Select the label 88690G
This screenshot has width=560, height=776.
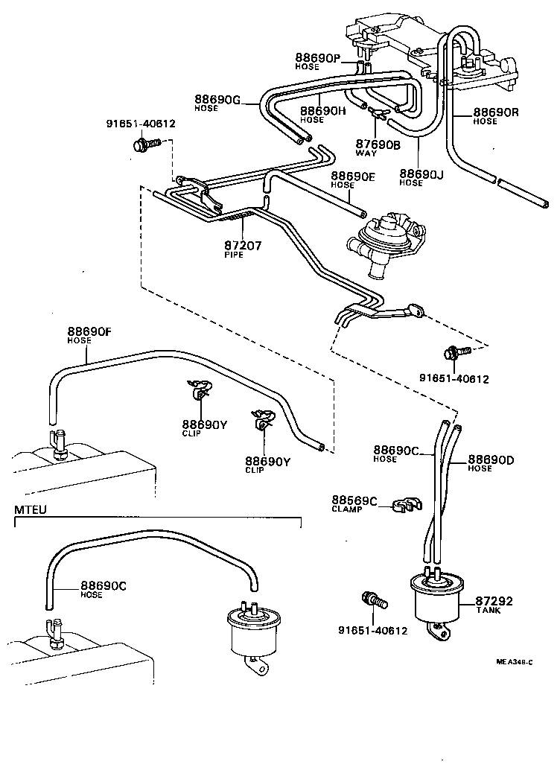point(218,99)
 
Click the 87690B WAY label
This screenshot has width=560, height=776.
point(378,144)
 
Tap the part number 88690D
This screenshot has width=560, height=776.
point(491,459)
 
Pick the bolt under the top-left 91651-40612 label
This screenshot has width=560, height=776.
point(141,150)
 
